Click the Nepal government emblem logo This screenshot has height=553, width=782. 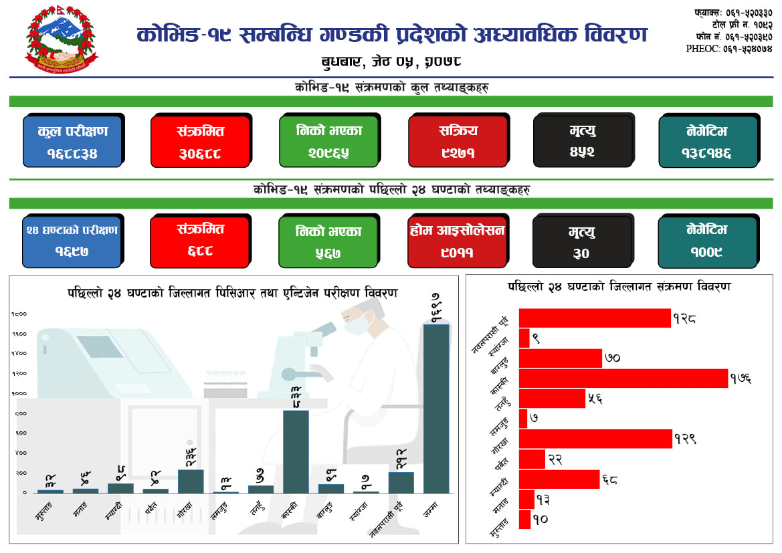[62, 41]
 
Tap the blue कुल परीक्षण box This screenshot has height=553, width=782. [72, 140]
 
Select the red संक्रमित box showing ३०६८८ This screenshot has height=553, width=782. [200, 140]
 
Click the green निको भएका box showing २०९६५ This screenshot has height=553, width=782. [328, 140]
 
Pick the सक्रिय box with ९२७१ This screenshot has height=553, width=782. [458, 140]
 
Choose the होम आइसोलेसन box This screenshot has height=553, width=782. [458, 240]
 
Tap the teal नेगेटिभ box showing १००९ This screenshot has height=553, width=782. [708, 240]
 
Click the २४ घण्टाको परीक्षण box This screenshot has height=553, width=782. [72, 240]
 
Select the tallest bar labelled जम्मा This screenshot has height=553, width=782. [436, 408]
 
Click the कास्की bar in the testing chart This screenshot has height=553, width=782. [296, 451]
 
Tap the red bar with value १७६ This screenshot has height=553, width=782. [623, 378]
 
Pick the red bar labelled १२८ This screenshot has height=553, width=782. [595, 318]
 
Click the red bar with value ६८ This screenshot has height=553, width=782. [559, 479]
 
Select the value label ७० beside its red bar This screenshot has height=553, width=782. [612, 358]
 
